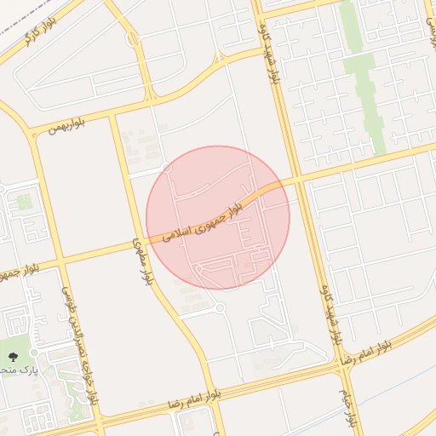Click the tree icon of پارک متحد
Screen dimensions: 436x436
coord(13,357)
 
